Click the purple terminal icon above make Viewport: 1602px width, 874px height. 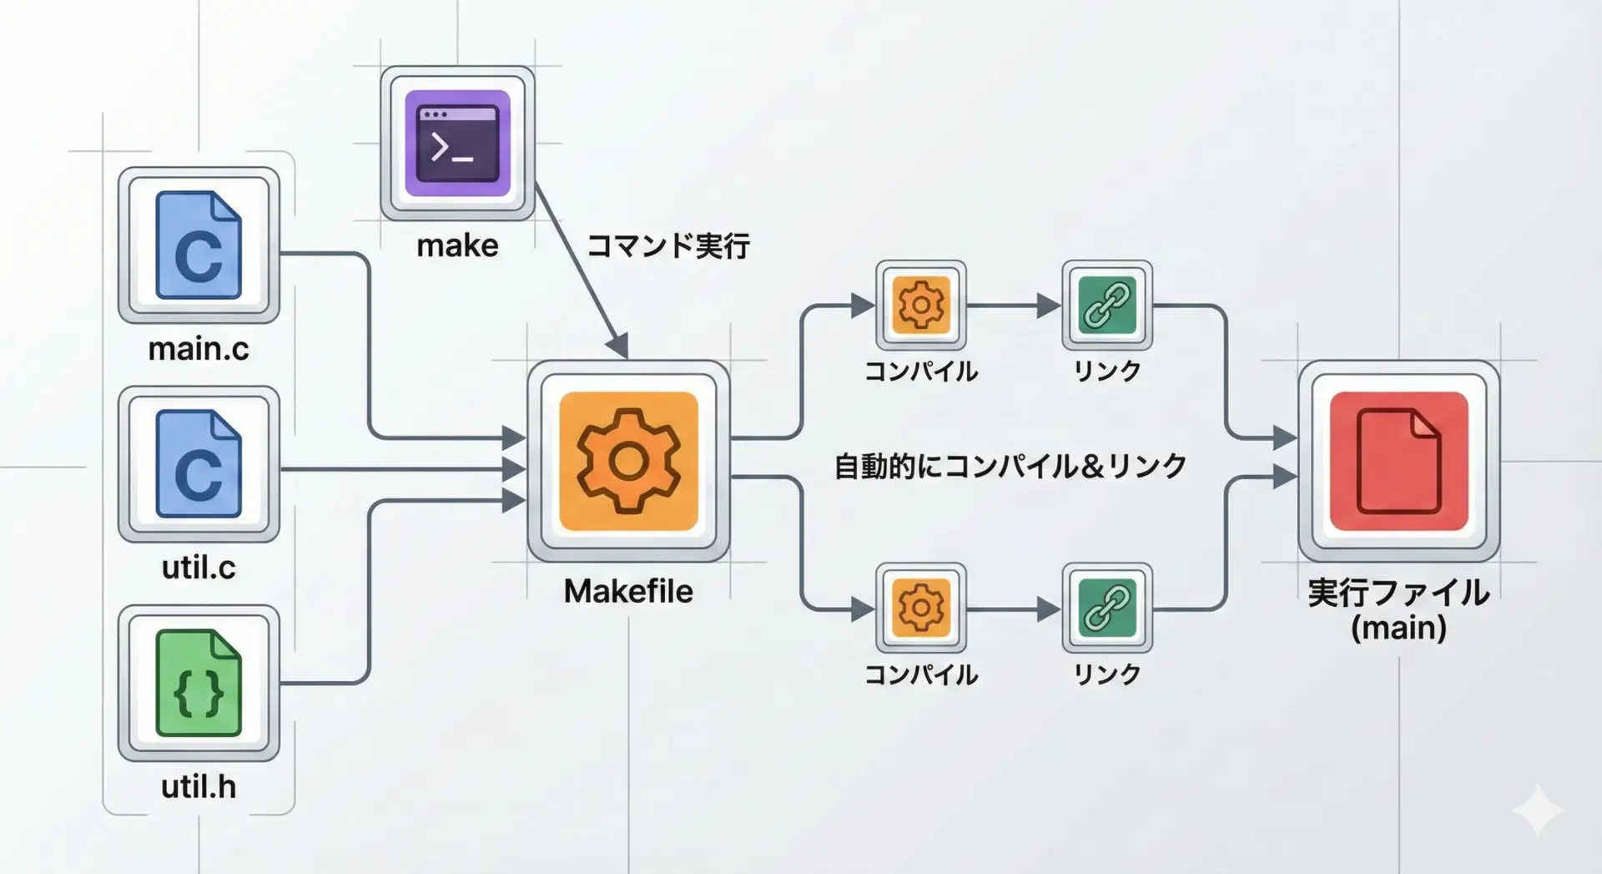pos(457,143)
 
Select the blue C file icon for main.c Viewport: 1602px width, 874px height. pos(199,245)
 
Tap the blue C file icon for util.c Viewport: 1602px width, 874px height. pos(199,464)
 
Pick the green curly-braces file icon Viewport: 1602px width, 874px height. pos(199,683)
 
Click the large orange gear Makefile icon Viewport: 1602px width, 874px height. pos(628,461)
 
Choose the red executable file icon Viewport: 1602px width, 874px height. pos(1398,461)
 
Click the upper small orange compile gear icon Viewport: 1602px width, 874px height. pos(921,305)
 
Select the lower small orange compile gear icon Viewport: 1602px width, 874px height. pos(921,608)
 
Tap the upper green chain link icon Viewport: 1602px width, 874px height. pos(1107,305)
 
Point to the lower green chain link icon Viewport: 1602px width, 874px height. pos(1107,608)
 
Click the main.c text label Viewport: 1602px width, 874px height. pos(199,349)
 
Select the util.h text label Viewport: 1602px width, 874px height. pos(199,786)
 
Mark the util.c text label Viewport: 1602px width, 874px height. pos(199,568)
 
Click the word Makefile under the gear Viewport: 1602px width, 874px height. pos(628,591)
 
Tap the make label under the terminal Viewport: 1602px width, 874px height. pos(457,245)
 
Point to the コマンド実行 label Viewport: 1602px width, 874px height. pos(667,246)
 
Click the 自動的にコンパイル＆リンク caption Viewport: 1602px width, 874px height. pos(1010,466)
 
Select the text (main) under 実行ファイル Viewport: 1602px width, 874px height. pos(1398,628)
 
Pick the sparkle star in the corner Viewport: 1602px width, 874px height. pos(1538,810)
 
